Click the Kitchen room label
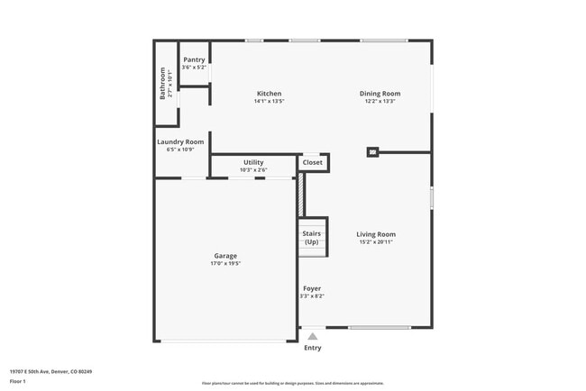(x=269, y=94)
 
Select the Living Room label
(x=375, y=234)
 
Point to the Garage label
(x=225, y=256)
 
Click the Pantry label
(x=194, y=59)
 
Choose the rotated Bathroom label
(x=163, y=84)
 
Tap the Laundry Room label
(x=180, y=141)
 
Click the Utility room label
(x=253, y=162)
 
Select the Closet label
(x=313, y=162)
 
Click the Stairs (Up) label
(x=311, y=238)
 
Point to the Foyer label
(x=312, y=288)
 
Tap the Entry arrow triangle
(x=313, y=336)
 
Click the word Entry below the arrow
(x=313, y=348)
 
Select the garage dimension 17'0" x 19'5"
(x=225, y=263)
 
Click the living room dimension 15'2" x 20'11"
(x=375, y=241)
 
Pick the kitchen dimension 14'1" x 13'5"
(x=269, y=101)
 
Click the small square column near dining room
(x=372, y=152)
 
